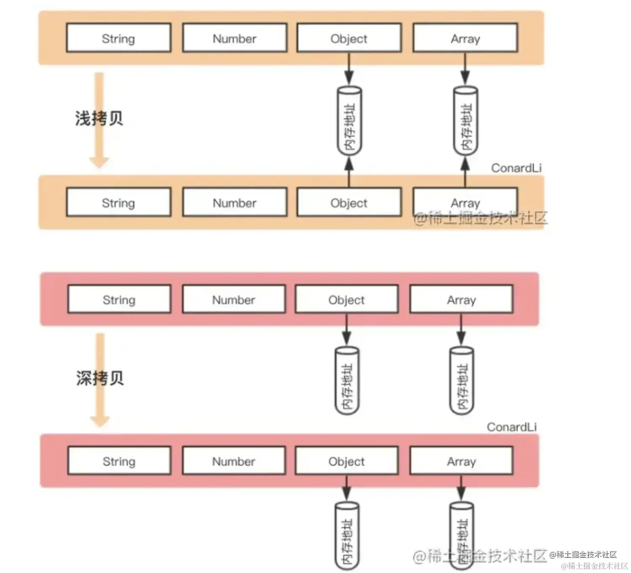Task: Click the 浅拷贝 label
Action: [99, 118]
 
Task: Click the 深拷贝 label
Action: [100, 378]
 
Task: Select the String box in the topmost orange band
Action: [118, 38]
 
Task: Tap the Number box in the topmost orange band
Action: [235, 38]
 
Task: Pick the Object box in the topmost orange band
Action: [349, 38]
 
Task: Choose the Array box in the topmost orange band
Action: [465, 38]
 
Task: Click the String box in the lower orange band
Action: [118, 202]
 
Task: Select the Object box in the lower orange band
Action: [349, 202]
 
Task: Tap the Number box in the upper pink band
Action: [234, 299]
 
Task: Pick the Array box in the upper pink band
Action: [461, 299]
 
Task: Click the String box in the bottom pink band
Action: [119, 461]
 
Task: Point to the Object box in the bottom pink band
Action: [347, 461]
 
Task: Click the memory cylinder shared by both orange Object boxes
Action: [349, 121]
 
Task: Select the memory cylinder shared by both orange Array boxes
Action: [465, 121]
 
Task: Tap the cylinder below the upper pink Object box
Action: [347, 381]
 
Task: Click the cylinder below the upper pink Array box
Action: [462, 381]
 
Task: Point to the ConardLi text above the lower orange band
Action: [516, 168]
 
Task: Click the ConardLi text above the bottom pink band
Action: [511, 427]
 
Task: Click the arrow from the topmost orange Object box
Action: [349, 69]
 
